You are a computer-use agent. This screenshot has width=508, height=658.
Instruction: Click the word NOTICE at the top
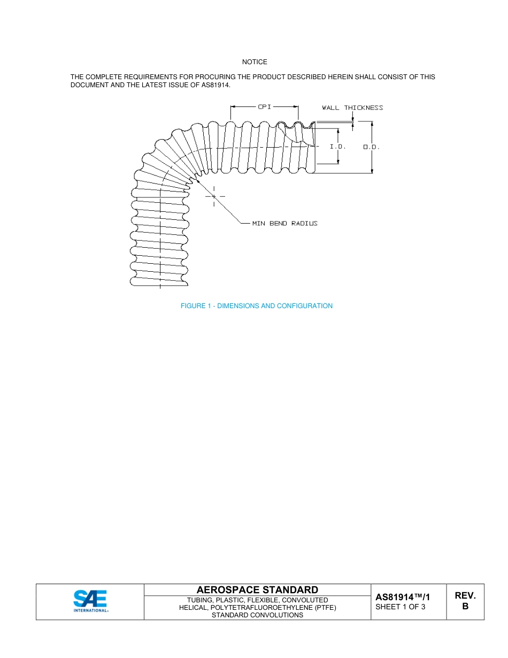(255, 63)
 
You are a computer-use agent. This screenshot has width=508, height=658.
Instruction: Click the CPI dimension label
(265, 107)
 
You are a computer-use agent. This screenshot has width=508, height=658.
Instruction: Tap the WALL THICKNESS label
(352, 108)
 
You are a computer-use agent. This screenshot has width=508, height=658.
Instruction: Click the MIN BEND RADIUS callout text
(284, 224)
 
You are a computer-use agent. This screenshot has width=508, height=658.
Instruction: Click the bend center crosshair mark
(214, 197)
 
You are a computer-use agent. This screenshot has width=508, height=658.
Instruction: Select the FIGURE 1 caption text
(257, 306)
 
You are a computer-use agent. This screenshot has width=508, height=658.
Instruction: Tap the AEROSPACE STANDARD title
(257, 590)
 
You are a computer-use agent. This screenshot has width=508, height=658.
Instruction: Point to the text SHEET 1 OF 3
(401, 607)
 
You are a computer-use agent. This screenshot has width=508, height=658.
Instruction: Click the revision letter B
(465, 607)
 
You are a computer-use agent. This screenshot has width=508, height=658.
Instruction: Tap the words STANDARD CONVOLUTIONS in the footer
(257, 615)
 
